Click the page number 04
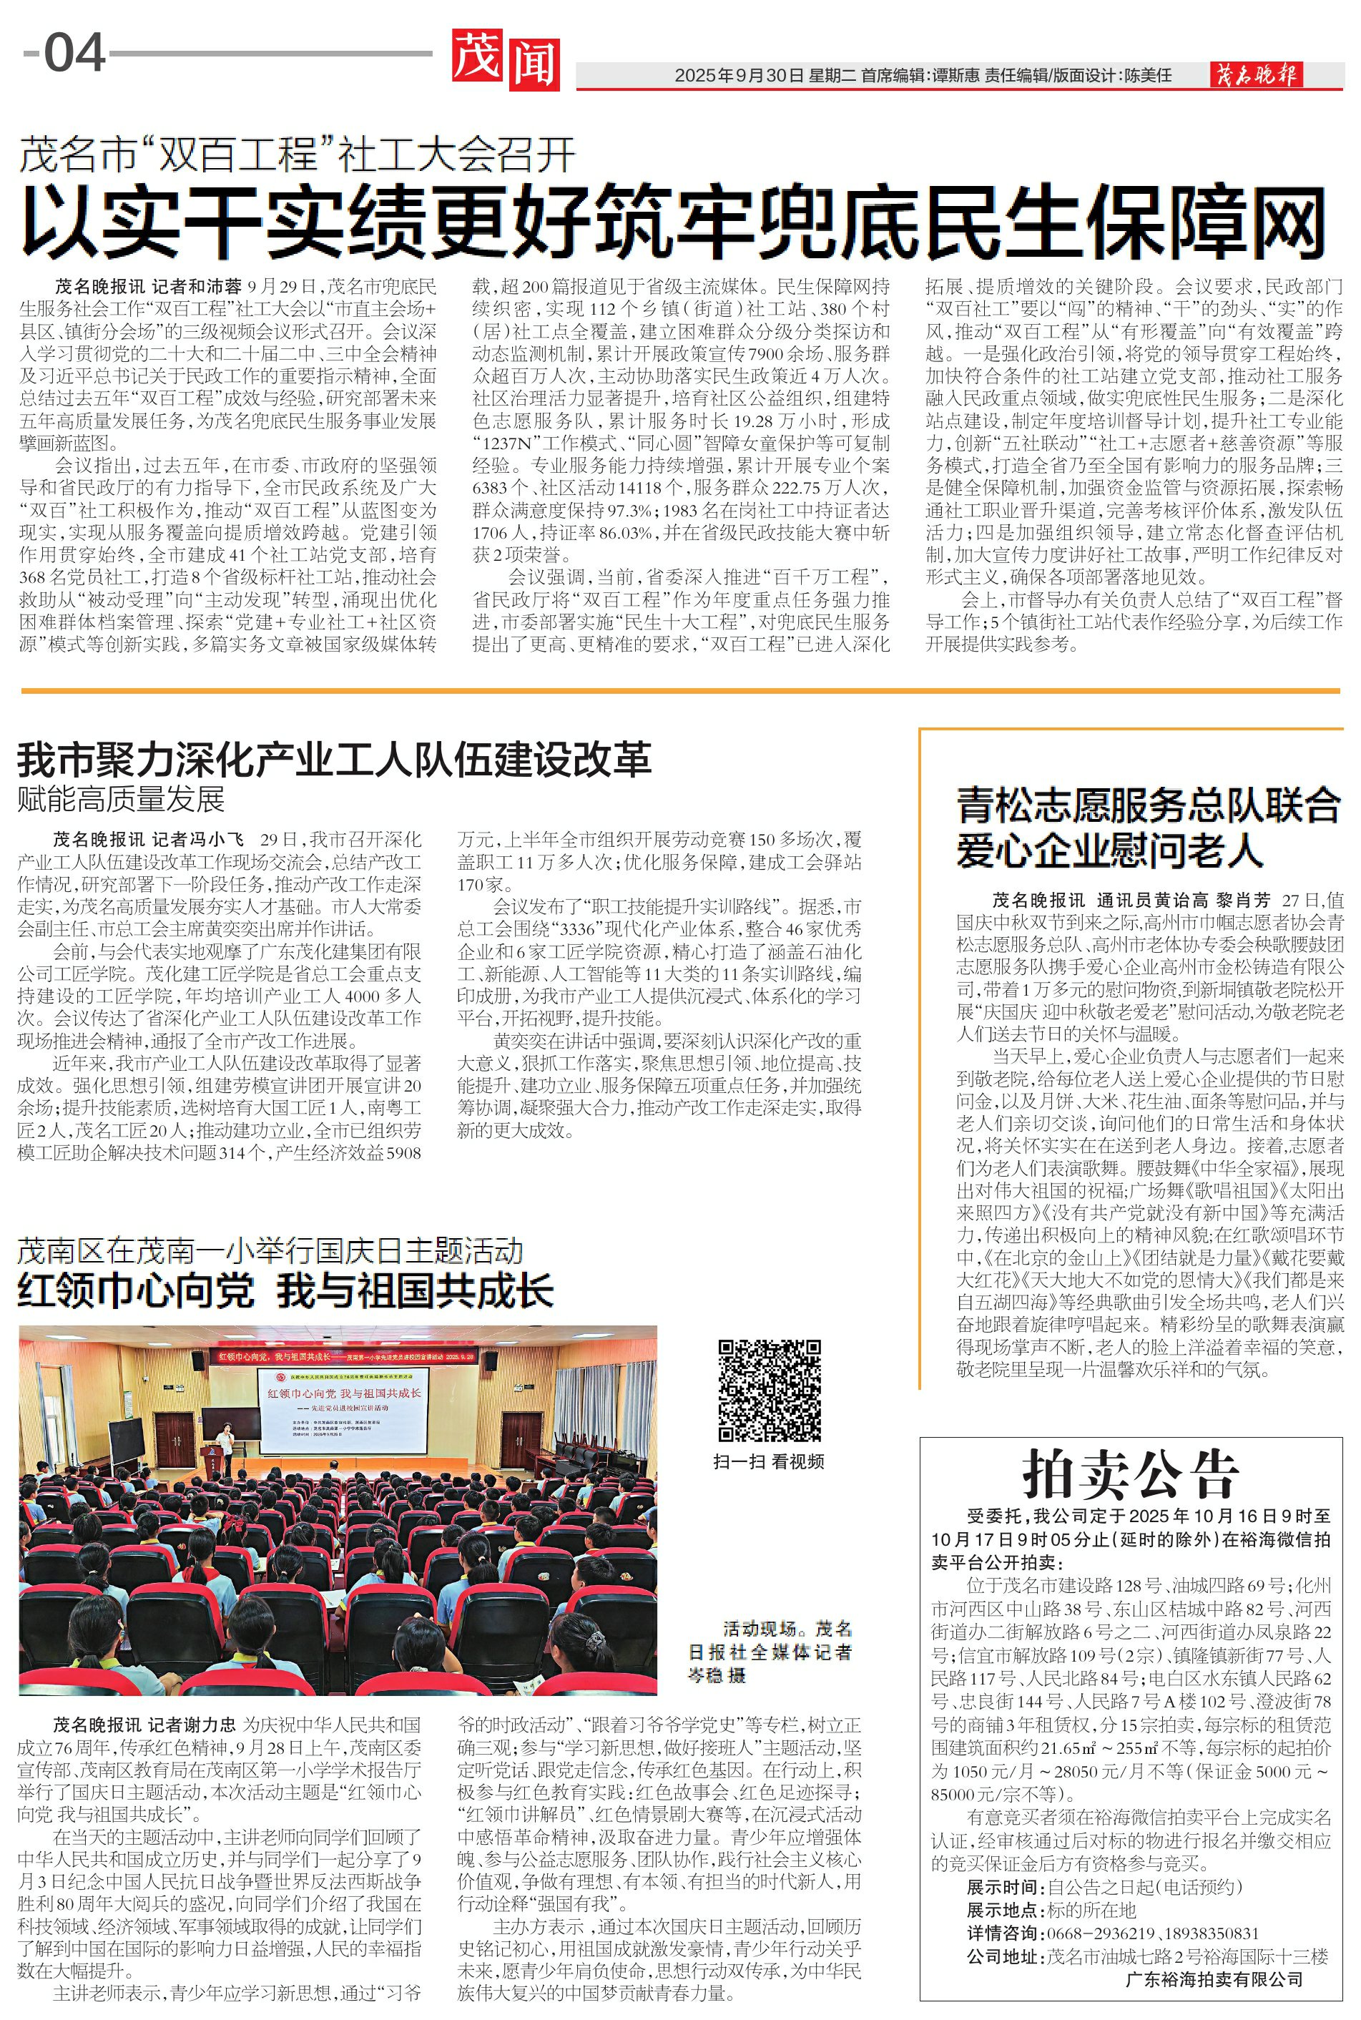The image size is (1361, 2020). [x=74, y=53]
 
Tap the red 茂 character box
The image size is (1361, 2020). [x=478, y=59]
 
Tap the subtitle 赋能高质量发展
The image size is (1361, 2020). [x=121, y=798]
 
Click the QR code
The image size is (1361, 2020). [x=769, y=1390]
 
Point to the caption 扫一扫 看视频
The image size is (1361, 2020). [x=768, y=1461]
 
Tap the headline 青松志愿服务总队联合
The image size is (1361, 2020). [x=1149, y=805]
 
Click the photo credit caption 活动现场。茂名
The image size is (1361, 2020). [x=788, y=1629]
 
